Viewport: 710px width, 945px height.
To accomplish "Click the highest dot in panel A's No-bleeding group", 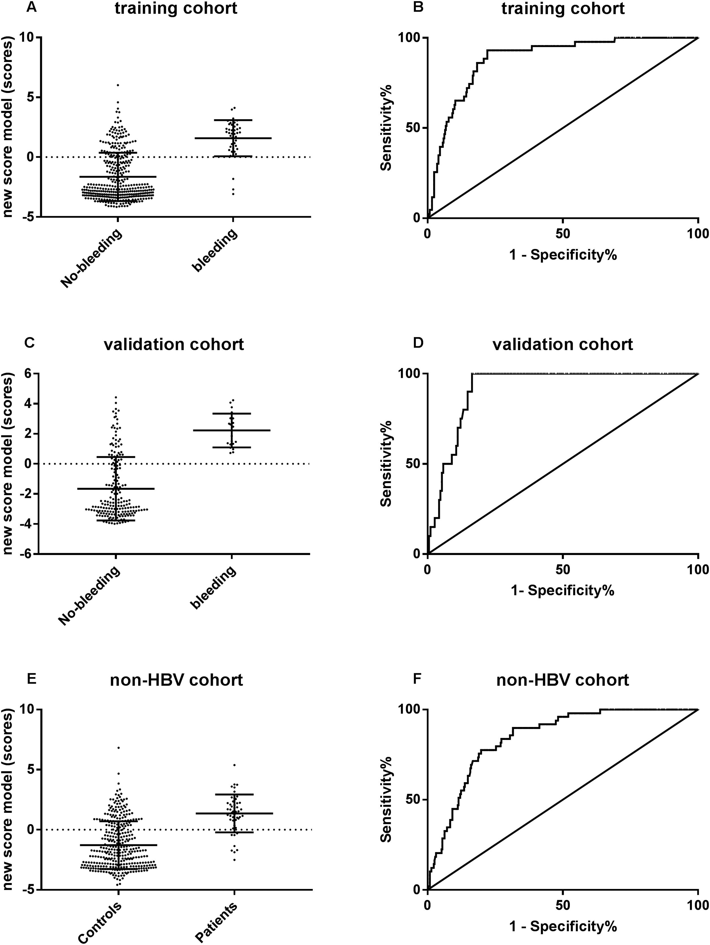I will [118, 85].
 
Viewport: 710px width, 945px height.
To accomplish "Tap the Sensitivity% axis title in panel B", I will [387, 128].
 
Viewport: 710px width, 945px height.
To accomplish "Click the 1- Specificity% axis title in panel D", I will [563, 591].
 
